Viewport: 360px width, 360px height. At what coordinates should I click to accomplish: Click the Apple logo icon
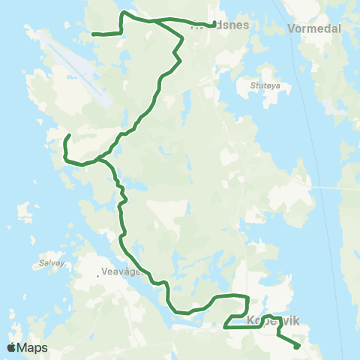click(12, 347)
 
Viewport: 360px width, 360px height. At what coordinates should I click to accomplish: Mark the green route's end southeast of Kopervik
click(298, 346)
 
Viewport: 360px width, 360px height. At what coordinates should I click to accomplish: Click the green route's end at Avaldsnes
click(214, 22)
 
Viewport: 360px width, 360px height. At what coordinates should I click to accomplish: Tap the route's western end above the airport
click(93, 34)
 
